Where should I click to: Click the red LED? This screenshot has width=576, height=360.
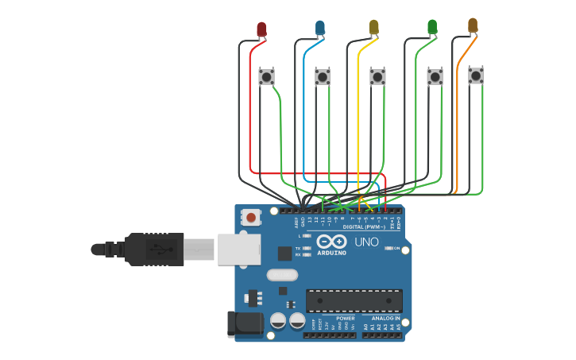pos(261,29)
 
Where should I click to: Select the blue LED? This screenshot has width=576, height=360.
pos(319,29)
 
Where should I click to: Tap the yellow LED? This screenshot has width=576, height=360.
pos(374,28)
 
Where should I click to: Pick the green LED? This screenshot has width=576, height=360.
pos(432,27)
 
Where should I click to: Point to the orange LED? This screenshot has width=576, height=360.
pos(473,25)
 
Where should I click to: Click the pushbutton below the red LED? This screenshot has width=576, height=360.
pos(266,77)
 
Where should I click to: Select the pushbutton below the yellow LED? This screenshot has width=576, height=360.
pos(377,77)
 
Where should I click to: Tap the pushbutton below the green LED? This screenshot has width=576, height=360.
pos(435,76)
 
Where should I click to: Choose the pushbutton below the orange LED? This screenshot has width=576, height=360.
pos(475,75)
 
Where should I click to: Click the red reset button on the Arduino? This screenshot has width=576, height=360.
pos(251,217)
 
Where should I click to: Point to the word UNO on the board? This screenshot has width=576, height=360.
pos(366,242)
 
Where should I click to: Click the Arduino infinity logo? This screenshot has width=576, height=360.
pos(331,242)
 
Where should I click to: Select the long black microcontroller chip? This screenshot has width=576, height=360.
pos(354,300)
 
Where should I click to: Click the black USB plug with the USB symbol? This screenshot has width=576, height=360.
pos(154,248)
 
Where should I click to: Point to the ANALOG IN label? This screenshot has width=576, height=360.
pos(386,318)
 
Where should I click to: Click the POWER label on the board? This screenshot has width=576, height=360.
pos(346,318)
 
